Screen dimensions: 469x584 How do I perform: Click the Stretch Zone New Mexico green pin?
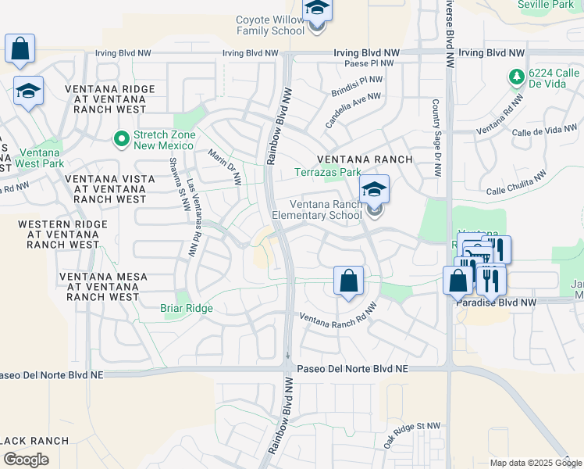(x=120, y=139)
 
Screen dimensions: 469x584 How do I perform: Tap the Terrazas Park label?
(x=327, y=172)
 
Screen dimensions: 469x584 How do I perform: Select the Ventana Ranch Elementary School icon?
(x=375, y=191)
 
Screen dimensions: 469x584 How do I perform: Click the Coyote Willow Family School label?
(x=270, y=25)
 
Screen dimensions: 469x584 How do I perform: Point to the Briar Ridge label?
(x=187, y=309)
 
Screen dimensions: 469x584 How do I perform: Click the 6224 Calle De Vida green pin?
(x=516, y=77)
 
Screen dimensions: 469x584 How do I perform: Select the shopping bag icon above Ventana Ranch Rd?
(x=349, y=280)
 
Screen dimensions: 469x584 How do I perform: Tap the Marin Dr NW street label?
(x=226, y=167)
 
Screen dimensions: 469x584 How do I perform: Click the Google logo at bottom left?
(x=26, y=460)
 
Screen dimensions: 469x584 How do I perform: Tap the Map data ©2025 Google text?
(x=536, y=463)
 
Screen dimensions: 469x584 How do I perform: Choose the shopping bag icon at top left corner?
(x=20, y=48)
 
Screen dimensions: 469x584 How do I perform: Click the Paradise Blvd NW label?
(x=498, y=302)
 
